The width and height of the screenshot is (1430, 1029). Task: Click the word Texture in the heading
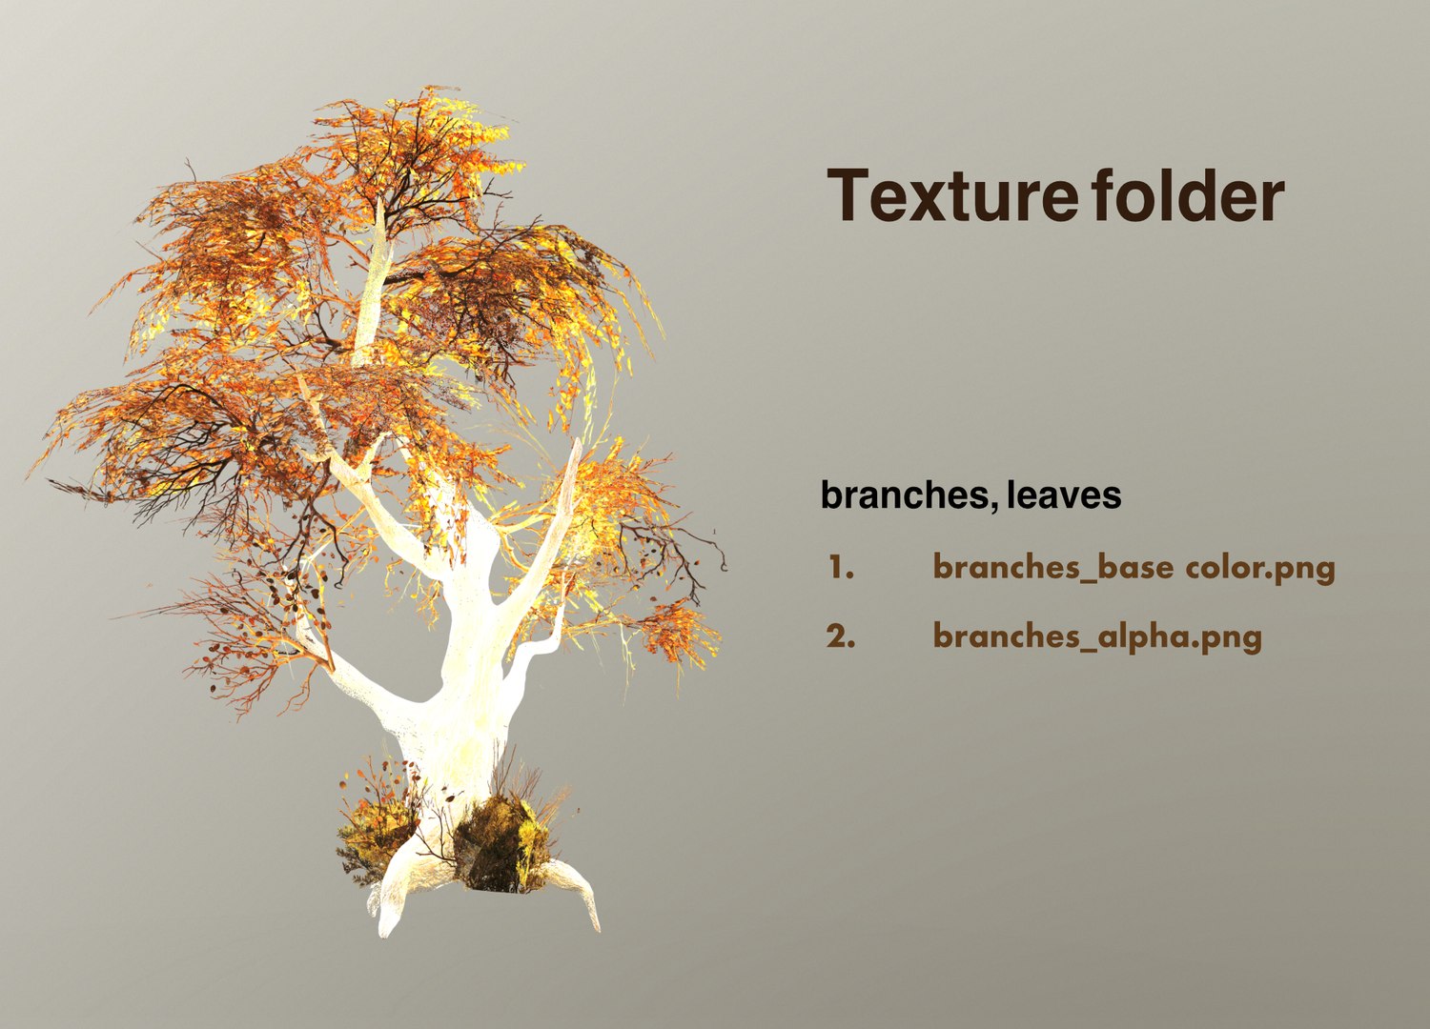point(951,195)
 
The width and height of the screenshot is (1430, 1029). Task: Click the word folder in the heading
point(1187,195)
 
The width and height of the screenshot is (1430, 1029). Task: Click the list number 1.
point(840,568)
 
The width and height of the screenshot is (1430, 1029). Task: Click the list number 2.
point(840,636)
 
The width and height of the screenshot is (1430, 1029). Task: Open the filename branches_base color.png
point(1133,568)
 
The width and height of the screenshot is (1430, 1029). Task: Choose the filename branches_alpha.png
point(1096,636)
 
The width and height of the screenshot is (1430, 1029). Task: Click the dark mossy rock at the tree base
point(500,843)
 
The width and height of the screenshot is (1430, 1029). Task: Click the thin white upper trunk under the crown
point(374,286)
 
